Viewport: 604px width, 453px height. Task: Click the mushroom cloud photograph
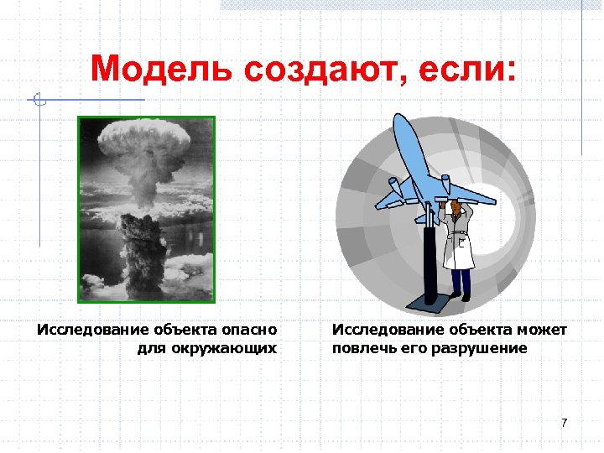click(147, 209)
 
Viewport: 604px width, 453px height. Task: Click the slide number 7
click(565, 422)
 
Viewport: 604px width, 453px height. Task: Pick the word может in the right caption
click(544, 330)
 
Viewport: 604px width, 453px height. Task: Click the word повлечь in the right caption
click(361, 347)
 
